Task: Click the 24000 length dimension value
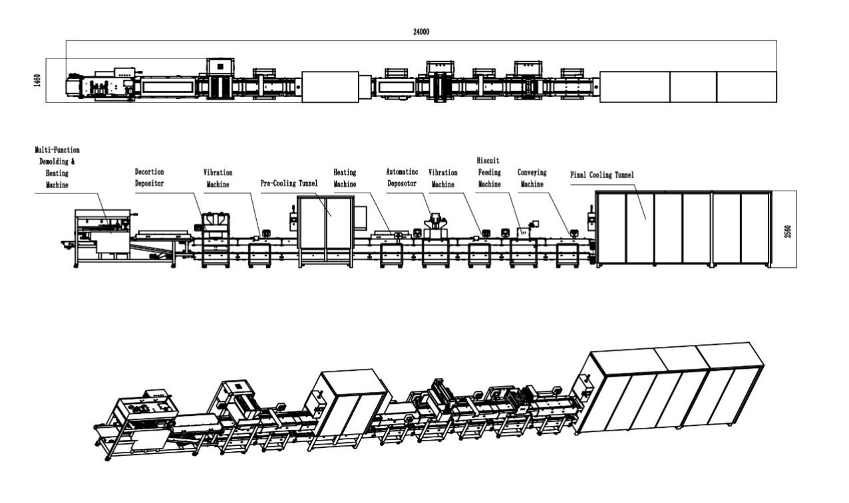421,32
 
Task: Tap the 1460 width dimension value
37,80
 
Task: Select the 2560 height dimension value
788,232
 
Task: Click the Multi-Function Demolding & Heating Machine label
57,167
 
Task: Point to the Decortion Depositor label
149,177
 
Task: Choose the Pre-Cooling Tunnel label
289,183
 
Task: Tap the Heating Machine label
345,178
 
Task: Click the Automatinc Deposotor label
402,177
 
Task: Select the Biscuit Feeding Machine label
489,172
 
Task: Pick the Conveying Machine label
532,178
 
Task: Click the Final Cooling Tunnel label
602,175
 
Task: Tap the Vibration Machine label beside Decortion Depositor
218,179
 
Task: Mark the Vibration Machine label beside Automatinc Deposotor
442,179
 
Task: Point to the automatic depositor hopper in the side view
436,221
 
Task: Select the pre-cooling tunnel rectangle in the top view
330,87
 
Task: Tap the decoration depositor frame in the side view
216,240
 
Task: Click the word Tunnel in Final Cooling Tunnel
624,175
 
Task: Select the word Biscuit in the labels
488,161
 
